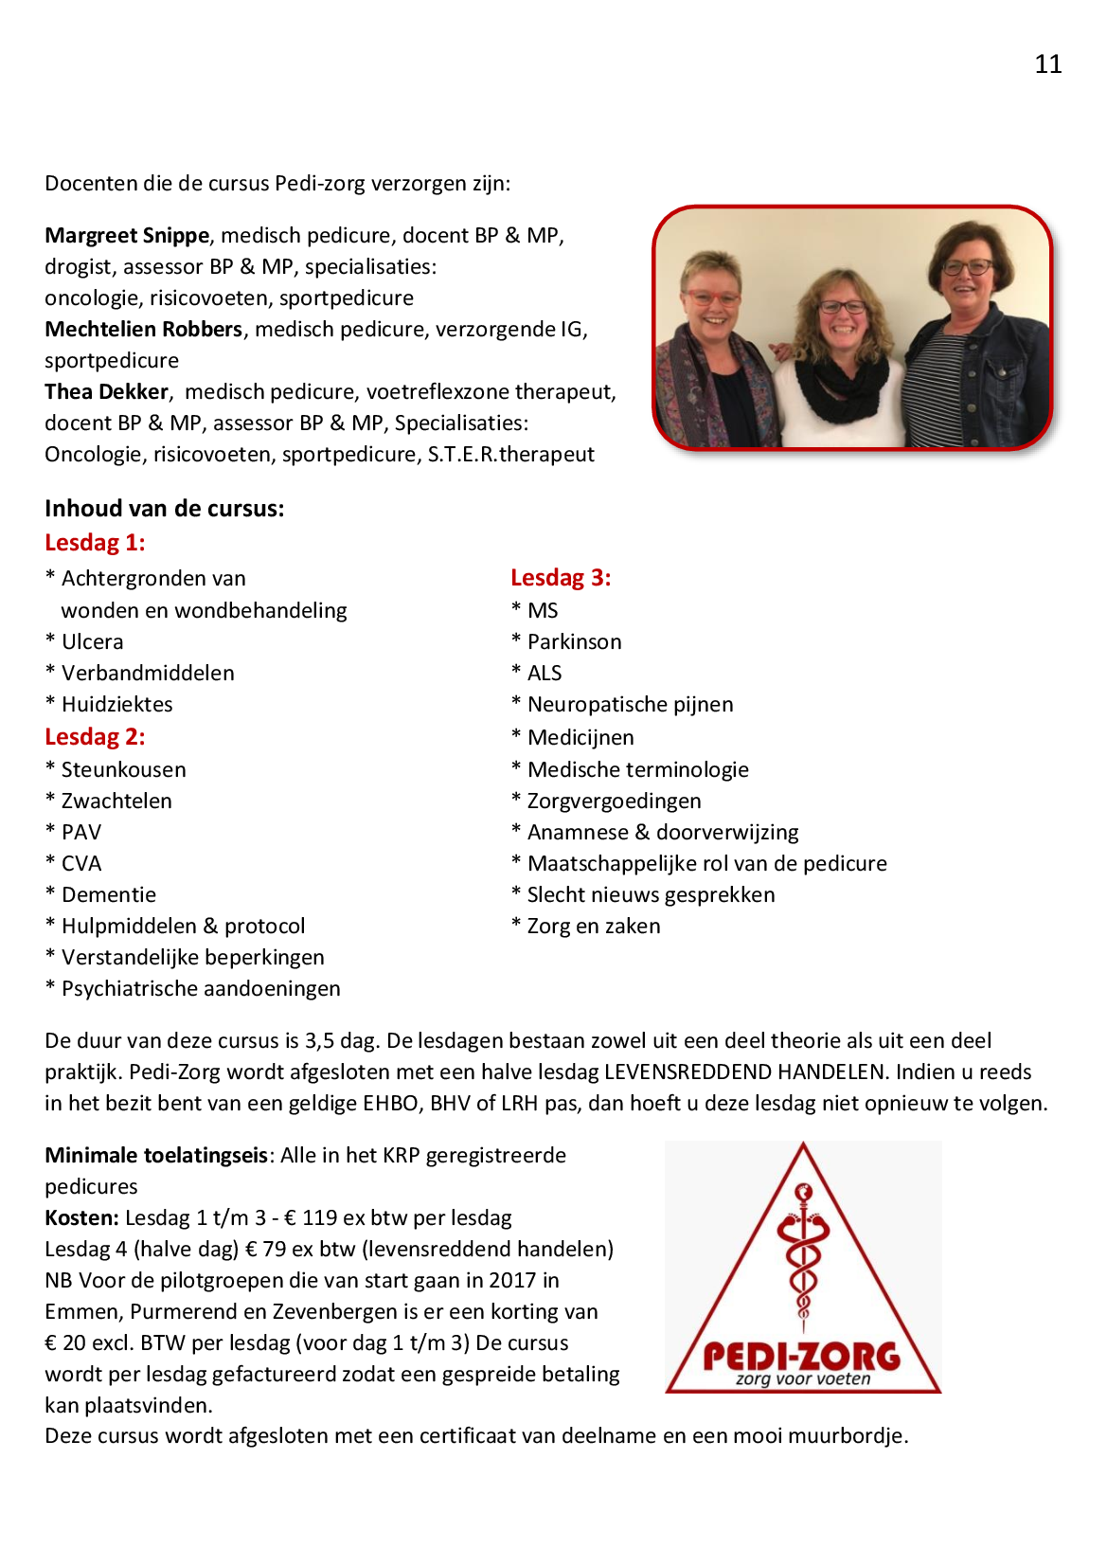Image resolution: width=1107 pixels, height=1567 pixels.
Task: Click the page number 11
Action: [1047, 64]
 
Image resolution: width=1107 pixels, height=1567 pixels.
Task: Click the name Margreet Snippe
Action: [127, 235]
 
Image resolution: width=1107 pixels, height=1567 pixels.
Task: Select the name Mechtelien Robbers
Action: [143, 329]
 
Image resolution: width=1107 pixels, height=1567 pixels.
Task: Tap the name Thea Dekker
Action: [106, 391]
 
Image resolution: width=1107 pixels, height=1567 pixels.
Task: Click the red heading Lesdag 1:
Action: [95, 543]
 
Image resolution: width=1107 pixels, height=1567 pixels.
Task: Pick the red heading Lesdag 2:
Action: [95, 737]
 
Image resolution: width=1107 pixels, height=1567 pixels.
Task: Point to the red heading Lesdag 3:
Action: [561, 578]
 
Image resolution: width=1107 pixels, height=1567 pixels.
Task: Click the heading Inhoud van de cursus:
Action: [164, 509]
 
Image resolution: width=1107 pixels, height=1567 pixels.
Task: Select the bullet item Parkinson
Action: [574, 641]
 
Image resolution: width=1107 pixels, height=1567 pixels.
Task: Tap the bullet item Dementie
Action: [108, 894]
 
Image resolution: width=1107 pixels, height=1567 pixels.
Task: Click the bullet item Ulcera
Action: [92, 641]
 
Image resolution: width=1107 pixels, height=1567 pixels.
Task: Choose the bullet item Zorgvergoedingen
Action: [614, 801]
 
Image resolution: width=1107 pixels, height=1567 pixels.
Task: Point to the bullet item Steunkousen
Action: [123, 769]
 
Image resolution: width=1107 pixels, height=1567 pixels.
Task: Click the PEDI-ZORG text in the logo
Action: [801, 1356]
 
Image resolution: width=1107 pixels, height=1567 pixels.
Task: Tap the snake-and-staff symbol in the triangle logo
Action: [803, 1251]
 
